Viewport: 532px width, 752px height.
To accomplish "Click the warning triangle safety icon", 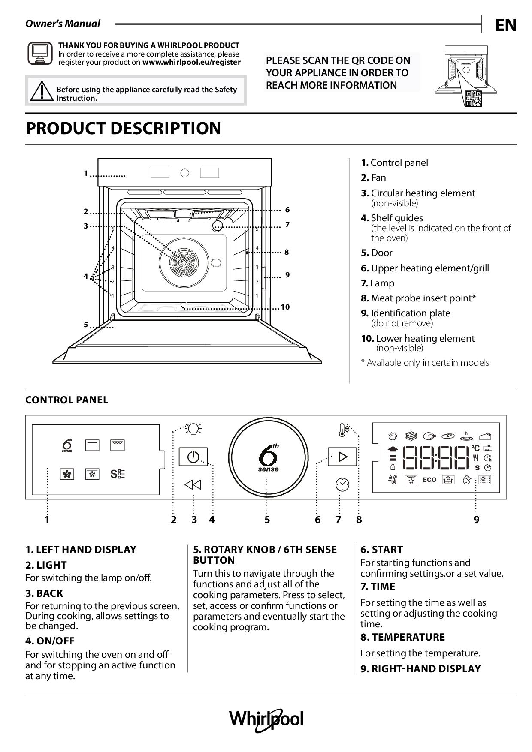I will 41,90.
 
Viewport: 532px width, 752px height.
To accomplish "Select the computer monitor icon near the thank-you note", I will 40,54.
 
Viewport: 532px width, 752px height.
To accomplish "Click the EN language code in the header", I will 505,25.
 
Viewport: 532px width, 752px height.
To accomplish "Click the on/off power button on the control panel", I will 193,457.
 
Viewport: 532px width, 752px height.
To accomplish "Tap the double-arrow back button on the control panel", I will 193,485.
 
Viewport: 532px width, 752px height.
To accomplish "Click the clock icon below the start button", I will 342,484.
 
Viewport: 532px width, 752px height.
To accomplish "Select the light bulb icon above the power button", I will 193,429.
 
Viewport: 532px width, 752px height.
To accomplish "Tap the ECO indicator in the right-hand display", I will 429,480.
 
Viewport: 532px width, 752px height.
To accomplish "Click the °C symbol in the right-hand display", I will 475,448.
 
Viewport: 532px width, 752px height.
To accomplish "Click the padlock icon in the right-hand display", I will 392,467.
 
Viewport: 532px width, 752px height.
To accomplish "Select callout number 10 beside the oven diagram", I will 285,307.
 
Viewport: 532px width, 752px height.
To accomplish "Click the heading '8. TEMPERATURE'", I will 402,637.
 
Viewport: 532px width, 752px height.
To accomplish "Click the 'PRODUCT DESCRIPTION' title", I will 124,128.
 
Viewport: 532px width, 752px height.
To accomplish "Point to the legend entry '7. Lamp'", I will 378,283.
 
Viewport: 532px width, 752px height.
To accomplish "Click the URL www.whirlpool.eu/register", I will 191,62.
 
